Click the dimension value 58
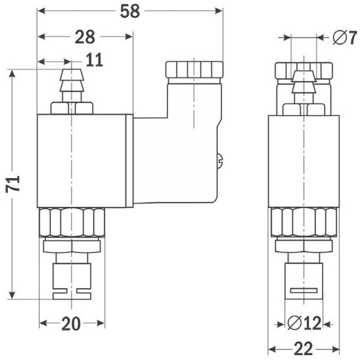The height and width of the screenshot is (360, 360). (x=130, y=12)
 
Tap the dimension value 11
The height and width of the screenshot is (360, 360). (x=94, y=60)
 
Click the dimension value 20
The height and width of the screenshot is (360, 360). (x=71, y=324)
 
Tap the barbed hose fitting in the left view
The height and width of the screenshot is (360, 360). (x=71, y=87)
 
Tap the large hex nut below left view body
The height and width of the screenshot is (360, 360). (x=72, y=222)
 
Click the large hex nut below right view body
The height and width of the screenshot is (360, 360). (x=304, y=222)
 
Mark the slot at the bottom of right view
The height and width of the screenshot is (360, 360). (x=304, y=291)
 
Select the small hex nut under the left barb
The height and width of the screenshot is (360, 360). (x=72, y=108)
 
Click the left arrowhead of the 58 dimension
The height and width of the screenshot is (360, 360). (x=41, y=11)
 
